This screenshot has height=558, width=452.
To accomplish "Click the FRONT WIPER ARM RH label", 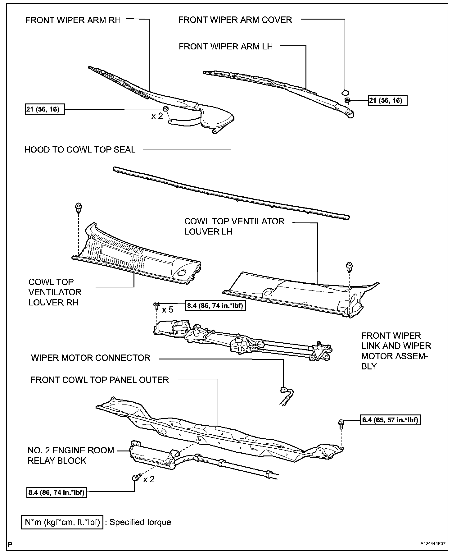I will [73, 21].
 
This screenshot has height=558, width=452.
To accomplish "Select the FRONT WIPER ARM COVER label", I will [235, 20].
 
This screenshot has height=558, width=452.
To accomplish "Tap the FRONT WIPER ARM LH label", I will [226, 47].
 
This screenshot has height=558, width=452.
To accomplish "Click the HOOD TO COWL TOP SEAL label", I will [80, 150].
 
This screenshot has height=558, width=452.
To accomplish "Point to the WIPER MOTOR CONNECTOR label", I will [90, 358].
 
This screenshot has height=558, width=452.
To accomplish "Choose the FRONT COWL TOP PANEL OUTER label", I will [99, 380].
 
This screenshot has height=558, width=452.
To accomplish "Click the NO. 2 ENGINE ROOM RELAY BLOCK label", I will [71, 455].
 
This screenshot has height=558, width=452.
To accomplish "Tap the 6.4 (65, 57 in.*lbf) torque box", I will [391, 420].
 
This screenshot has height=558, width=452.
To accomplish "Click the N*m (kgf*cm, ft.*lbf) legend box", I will [62, 522].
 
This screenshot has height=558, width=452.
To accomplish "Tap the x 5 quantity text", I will [167, 310].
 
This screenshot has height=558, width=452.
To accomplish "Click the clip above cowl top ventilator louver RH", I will [79, 207].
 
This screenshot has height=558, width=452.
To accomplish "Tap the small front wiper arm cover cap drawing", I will [345, 92].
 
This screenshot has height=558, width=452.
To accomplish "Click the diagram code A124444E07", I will [433, 544].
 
